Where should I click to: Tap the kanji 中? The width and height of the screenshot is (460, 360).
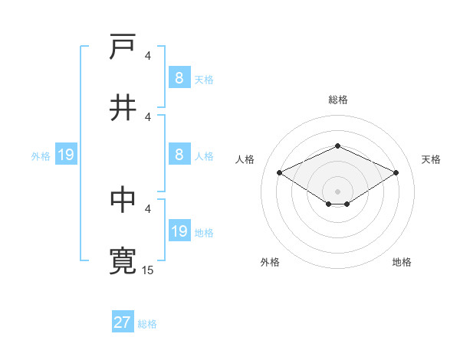pyautogui.click(x=123, y=200)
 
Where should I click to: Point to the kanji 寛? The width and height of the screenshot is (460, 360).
pyautogui.click(x=123, y=261)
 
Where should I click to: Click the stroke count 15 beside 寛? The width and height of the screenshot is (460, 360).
pyautogui.click(x=148, y=270)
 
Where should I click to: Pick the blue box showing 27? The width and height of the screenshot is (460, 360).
pyautogui.click(x=123, y=322)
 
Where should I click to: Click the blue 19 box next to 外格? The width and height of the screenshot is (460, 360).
pyautogui.click(x=66, y=155)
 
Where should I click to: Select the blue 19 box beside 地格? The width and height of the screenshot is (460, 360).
pyautogui.click(x=179, y=231)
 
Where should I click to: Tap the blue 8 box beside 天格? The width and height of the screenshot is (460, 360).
pyautogui.click(x=179, y=78)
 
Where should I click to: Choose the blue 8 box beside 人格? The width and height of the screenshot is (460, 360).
pyautogui.click(x=179, y=155)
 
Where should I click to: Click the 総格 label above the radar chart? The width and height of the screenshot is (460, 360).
pyautogui.click(x=337, y=100)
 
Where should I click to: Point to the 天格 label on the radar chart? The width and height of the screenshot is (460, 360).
pyautogui.click(x=431, y=159)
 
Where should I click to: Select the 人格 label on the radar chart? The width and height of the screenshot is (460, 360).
pyautogui.click(x=245, y=159)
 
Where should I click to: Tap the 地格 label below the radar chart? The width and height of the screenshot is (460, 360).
pyautogui.click(x=402, y=262)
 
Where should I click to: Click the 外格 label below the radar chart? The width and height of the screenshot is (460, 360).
pyautogui.click(x=270, y=262)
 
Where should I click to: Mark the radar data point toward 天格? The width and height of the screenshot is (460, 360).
pyautogui.click(x=396, y=173)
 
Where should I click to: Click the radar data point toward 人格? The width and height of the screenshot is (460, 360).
pyautogui.click(x=280, y=173)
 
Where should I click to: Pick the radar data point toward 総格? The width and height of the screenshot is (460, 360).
pyautogui.click(x=337, y=146)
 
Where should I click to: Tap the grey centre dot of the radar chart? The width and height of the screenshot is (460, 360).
pyautogui.click(x=337, y=191)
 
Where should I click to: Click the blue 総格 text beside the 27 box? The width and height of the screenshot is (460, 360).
pyautogui.click(x=147, y=324)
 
